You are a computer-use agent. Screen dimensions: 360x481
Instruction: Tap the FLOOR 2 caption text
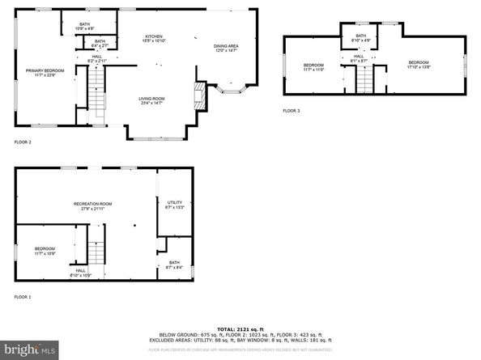tap(23, 142)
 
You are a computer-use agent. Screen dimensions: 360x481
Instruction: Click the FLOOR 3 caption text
tap(291, 110)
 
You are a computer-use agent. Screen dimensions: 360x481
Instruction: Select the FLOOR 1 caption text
tap(23, 297)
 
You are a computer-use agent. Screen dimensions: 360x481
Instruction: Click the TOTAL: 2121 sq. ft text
tap(240, 329)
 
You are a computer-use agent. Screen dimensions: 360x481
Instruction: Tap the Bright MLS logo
tap(30, 349)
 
